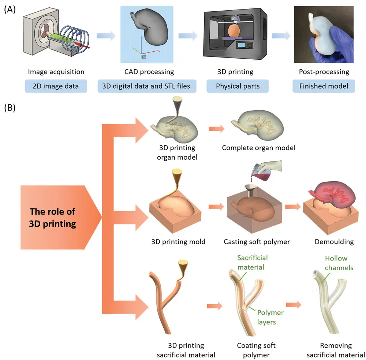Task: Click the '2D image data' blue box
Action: (x=56, y=86)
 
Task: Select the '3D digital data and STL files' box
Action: (x=147, y=86)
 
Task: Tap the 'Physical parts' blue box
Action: (x=238, y=86)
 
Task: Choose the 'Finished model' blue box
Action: (x=324, y=86)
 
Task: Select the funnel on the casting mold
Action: (x=250, y=191)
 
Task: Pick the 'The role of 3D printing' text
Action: (x=52, y=218)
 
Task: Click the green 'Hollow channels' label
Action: (x=339, y=263)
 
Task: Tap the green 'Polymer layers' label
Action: (x=270, y=317)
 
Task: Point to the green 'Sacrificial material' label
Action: (x=252, y=262)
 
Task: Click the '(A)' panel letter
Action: (x=10, y=10)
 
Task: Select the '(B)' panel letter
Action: (x=10, y=108)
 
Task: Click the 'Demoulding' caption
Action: (x=334, y=242)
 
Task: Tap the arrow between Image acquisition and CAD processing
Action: (x=106, y=36)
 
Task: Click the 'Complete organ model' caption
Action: (x=259, y=148)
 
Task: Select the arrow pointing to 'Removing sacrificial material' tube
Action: (x=294, y=304)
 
